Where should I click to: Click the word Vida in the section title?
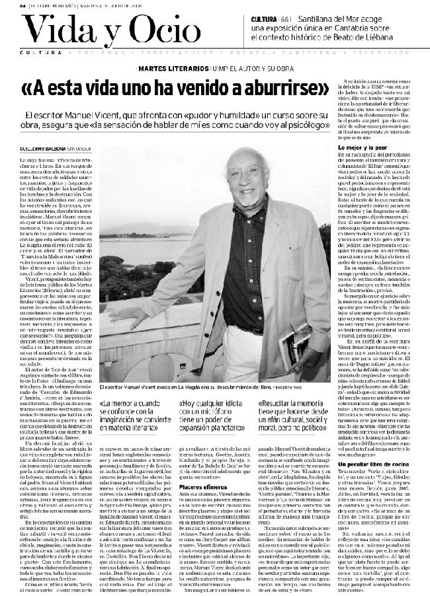pos(54,28)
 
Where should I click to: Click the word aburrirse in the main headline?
pos(272,87)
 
